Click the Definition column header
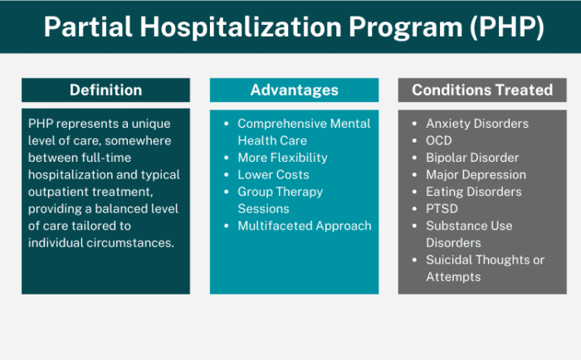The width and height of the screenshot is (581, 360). pyautogui.click(x=105, y=90)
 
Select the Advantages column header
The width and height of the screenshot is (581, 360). pyautogui.click(x=294, y=90)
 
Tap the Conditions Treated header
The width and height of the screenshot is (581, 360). pyautogui.click(x=482, y=90)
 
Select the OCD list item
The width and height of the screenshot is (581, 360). pyautogui.click(x=439, y=140)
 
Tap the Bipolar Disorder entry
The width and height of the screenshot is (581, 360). pyautogui.click(x=472, y=158)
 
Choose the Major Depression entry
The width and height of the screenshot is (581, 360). pyautogui.click(x=476, y=174)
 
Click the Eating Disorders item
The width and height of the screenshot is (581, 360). pyautogui.click(x=474, y=192)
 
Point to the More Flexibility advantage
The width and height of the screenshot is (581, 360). pyautogui.click(x=282, y=158)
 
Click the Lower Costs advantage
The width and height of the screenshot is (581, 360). pyautogui.click(x=273, y=174)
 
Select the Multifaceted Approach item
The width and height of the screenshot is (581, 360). pyautogui.click(x=304, y=226)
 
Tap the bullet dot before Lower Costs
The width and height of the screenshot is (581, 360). pyautogui.click(x=227, y=174)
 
